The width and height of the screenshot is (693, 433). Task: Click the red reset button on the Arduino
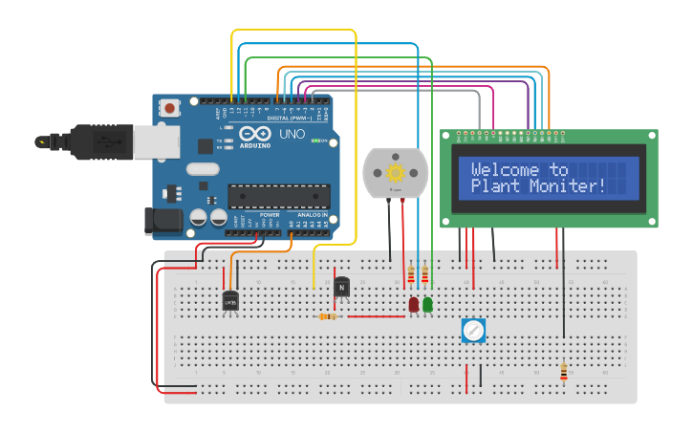169,108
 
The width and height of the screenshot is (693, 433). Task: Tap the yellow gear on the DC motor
396,173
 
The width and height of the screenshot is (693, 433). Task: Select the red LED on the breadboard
413,304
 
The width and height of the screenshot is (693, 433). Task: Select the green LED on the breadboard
427,304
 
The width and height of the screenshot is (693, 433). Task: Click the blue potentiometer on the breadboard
473,331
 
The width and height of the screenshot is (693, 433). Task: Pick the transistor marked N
341,286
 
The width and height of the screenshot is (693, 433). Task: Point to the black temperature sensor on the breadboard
230,301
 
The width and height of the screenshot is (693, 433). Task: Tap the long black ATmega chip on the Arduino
278,196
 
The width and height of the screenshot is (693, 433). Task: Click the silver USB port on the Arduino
155,141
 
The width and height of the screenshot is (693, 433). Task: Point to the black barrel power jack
162,221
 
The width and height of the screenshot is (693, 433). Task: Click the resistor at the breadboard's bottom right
563,371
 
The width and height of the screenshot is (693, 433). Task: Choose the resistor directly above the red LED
412,275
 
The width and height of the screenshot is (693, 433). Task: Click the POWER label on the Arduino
270,215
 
